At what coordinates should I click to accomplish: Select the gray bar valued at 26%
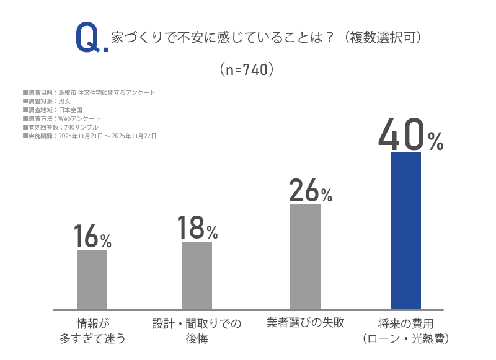[x=305, y=257]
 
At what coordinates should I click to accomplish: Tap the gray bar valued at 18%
[x=197, y=275]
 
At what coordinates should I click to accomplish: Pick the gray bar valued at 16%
[x=92, y=279]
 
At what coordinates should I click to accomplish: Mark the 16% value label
[x=92, y=236]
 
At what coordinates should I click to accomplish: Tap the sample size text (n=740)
[x=247, y=69]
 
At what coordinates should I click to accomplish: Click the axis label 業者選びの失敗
[x=305, y=323]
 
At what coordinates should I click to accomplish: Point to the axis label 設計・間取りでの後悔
[x=197, y=331]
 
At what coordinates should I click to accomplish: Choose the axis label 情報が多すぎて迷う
[x=92, y=331]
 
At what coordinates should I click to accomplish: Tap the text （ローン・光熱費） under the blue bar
[x=405, y=339]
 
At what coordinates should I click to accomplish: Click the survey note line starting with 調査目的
[x=89, y=92]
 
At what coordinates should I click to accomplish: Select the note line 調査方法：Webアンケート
[x=61, y=118]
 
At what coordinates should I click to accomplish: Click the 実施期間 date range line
[x=89, y=136]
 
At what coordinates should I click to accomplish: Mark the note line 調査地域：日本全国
[x=53, y=110]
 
